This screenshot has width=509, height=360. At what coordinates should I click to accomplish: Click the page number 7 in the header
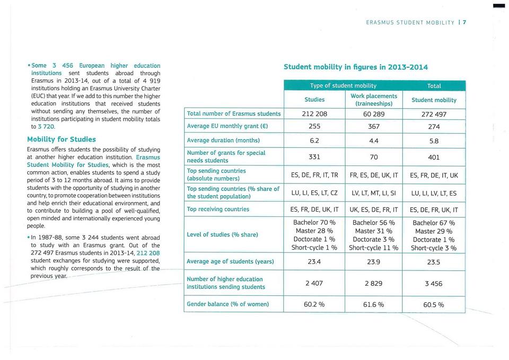click(x=464, y=22)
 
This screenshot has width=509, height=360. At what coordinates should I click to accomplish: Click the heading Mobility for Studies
click(x=62, y=139)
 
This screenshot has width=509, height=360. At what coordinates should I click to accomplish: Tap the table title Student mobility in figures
click(x=356, y=67)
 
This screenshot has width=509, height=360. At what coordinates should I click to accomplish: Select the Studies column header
click(x=314, y=100)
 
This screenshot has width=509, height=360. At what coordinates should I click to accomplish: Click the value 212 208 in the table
click(x=314, y=113)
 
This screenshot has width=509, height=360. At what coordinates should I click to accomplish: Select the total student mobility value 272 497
click(x=434, y=113)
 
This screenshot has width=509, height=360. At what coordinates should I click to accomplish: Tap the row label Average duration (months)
click(x=223, y=141)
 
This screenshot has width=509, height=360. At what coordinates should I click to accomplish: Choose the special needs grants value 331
click(x=314, y=157)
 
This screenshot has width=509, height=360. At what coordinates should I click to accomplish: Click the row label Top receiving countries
click(x=218, y=209)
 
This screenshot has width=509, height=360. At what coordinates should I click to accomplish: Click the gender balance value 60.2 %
click(x=314, y=305)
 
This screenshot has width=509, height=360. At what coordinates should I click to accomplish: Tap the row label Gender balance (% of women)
click(x=228, y=304)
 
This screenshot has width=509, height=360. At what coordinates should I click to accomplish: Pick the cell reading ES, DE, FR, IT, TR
click(x=314, y=175)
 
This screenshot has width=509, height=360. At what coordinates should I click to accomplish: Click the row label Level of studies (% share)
click(x=223, y=235)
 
